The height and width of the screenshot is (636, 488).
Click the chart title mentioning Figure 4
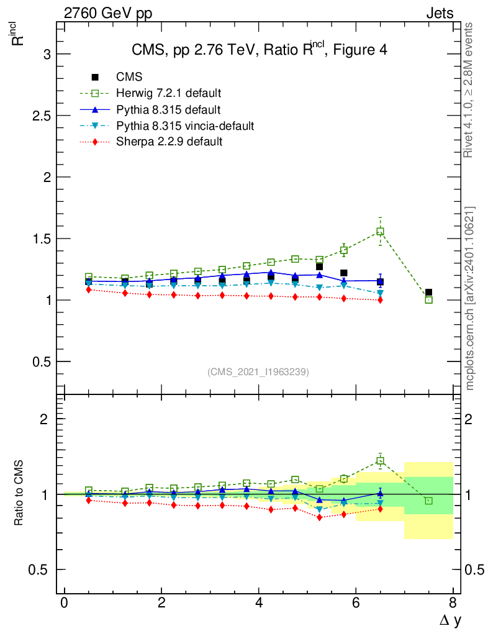pyautogui.click(x=259, y=50)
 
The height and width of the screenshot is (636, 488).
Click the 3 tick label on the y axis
pyautogui.click(x=45, y=55)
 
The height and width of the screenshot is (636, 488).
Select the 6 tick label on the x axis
pyautogui.click(x=356, y=602)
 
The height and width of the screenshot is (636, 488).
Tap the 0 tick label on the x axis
pyautogui.click(x=64, y=602)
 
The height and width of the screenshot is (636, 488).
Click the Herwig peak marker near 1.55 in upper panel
pyautogui.click(x=380, y=231)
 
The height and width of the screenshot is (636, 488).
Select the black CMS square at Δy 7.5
pyautogui.click(x=428, y=292)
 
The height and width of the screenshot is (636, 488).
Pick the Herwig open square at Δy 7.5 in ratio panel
pyautogui.click(x=428, y=501)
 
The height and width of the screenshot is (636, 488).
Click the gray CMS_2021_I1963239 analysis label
pyautogui.click(x=258, y=371)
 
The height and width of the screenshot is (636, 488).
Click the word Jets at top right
pyautogui.click(x=439, y=13)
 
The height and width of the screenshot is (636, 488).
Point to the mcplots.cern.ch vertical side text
pyautogui.click(x=470, y=298)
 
